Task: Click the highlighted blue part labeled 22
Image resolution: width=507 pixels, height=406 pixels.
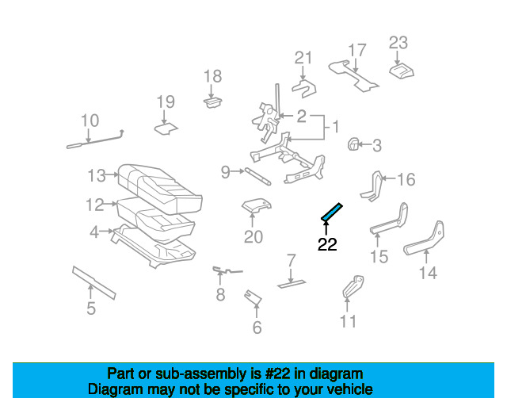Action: (331, 213)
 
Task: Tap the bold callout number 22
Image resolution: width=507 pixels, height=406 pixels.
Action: (327, 245)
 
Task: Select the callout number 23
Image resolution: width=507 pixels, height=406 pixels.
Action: (398, 43)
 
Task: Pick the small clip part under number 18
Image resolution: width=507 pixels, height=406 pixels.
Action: (212, 101)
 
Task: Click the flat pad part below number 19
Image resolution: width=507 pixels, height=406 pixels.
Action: (166, 127)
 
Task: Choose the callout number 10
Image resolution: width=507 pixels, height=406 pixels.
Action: (90, 121)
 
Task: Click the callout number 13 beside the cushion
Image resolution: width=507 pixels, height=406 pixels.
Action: (97, 174)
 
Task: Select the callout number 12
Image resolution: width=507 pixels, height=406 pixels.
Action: (94, 205)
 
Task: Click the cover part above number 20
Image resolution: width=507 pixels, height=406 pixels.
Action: (256, 206)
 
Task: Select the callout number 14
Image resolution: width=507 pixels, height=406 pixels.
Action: (428, 274)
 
